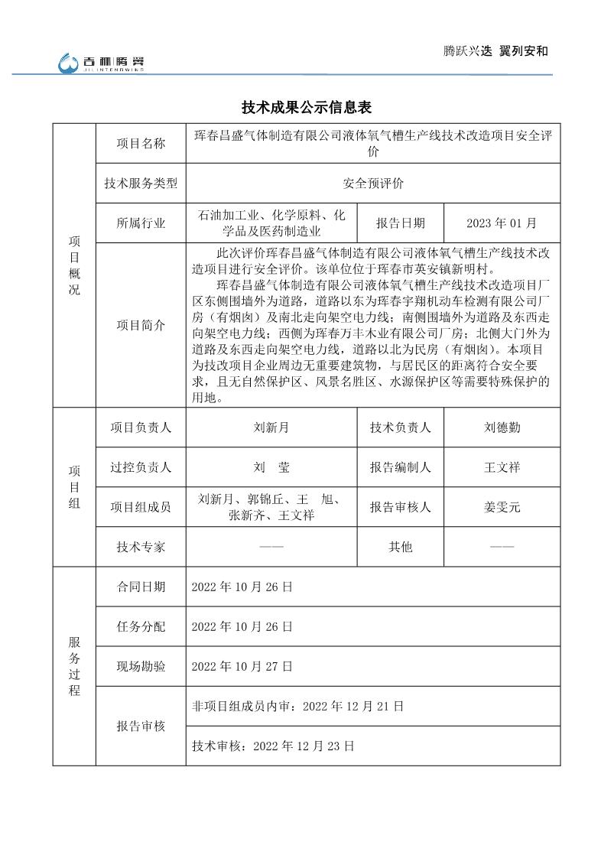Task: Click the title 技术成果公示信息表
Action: pyautogui.click(x=307, y=106)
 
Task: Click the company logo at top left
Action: pyautogui.click(x=102, y=63)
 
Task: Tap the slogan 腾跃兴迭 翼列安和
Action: pyautogui.click(x=496, y=51)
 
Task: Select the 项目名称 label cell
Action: pyautogui.click(x=141, y=143)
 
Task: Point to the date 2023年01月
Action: pyautogui.click(x=502, y=223)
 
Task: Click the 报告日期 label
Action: pyautogui.click(x=400, y=223)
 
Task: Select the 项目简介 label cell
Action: pyautogui.click(x=141, y=325)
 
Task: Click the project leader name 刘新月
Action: pyautogui.click(x=271, y=427)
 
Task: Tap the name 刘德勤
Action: pyautogui.click(x=502, y=427)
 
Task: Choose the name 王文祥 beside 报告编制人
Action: pyautogui.click(x=502, y=467)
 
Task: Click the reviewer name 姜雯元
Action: pyautogui.click(x=502, y=506)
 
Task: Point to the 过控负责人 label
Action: pyautogui.click(x=141, y=467)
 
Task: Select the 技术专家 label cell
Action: pyautogui.click(x=141, y=547)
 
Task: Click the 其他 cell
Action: pyautogui.click(x=400, y=547)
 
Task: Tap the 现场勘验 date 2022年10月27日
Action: pyautogui.click(x=242, y=666)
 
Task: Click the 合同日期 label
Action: pyautogui.click(x=141, y=587)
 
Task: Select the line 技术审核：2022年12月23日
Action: pyautogui.click(x=273, y=745)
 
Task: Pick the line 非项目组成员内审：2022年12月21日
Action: pyautogui.click(x=297, y=706)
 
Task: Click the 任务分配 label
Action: pyautogui.click(x=141, y=626)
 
